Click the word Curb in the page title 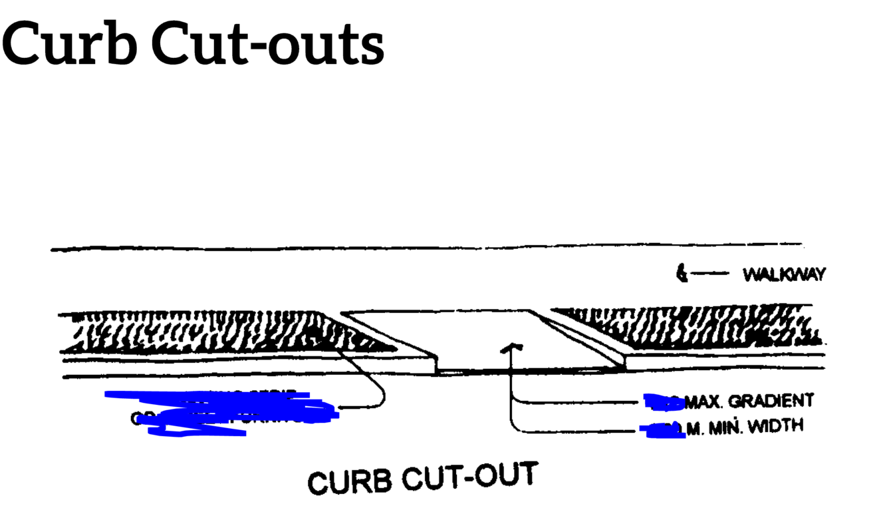(70, 43)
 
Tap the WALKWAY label (784, 274)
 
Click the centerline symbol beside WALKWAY (680, 273)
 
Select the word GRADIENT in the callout (771, 401)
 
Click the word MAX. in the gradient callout (705, 402)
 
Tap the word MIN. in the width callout (725, 427)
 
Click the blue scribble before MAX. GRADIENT (663, 401)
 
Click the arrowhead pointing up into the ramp (511, 347)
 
